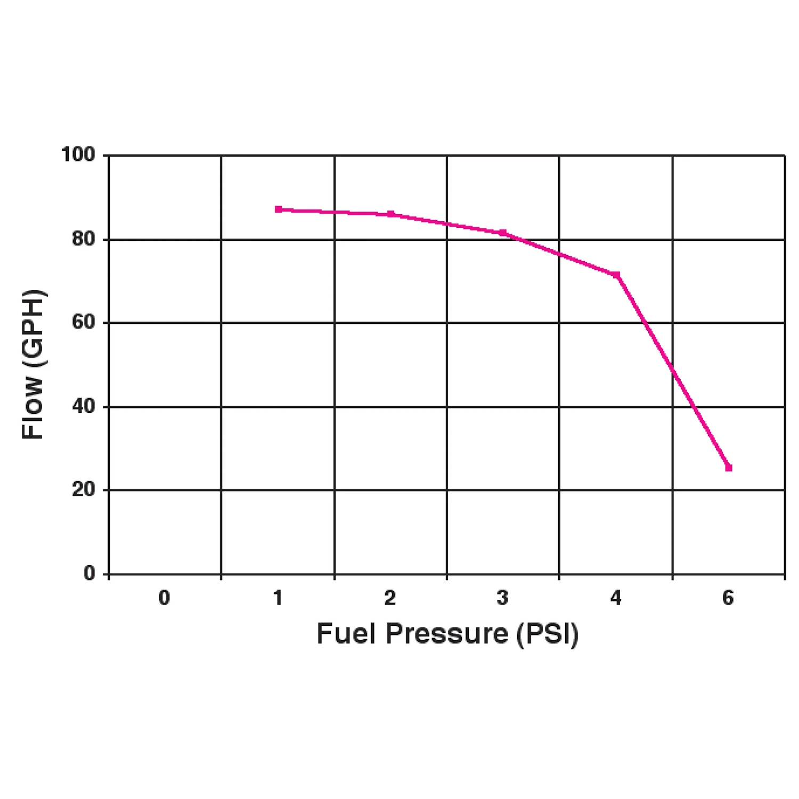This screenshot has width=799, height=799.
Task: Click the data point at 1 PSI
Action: click(x=278, y=209)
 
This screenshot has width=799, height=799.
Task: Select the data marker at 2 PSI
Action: click(x=390, y=214)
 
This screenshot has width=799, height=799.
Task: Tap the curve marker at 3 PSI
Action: click(x=503, y=233)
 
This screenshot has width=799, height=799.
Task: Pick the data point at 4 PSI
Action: click(x=616, y=275)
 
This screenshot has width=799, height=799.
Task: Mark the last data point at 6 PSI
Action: click(x=729, y=468)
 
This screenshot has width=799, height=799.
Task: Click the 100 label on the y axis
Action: click(x=78, y=155)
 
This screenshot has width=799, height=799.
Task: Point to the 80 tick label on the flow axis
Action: click(x=83, y=239)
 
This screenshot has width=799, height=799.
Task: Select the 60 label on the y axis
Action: click(x=83, y=322)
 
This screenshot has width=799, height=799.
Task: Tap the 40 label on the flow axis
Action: click(x=83, y=406)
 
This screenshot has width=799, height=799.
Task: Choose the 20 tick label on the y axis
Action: click(x=83, y=490)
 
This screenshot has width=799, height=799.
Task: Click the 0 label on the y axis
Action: click(x=89, y=574)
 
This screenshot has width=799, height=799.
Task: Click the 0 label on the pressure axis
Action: click(x=165, y=598)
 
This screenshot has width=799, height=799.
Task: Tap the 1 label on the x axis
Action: click(x=278, y=598)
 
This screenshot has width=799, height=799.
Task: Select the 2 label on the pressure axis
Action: click(x=390, y=598)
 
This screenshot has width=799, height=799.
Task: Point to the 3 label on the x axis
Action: click(x=502, y=598)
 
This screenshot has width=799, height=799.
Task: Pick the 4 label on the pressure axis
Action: click(x=616, y=598)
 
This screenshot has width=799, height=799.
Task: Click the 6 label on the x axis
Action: click(x=728, y=598)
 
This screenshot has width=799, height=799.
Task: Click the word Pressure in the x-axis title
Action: click(x=447, y=634)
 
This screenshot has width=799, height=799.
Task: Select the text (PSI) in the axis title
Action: click(x=547, y=634)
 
